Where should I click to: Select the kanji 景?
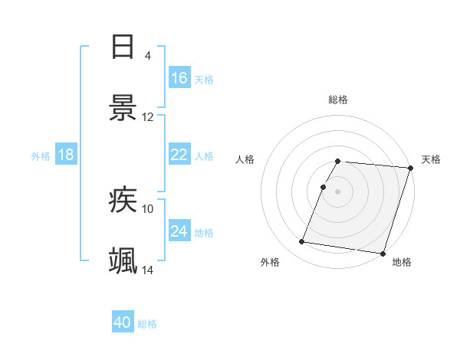[x=123, y=108]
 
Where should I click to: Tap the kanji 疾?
[x=123, y=200]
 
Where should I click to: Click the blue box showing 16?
[x=179, y=77]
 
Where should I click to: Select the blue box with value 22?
[x=179, y=155]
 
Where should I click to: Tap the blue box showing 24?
[x=179, y=231]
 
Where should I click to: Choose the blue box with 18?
[x=66, y=155]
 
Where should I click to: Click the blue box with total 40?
[x=123, y=322]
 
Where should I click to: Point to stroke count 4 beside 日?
[x=148, y=55]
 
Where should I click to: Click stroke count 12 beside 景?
[x=148, y=117]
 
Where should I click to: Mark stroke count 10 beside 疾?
[x=148, y=208]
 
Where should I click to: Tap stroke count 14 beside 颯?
[x=148, y=270]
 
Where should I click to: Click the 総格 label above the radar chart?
[x=338, y=100]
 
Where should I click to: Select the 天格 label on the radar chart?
[x=432, y=159]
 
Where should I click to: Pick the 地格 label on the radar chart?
[x=402, y=262]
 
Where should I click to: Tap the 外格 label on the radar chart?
[x=270, y=262]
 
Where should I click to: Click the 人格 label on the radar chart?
[x=245, y=159]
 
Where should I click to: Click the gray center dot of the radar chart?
[x=338, y=191]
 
